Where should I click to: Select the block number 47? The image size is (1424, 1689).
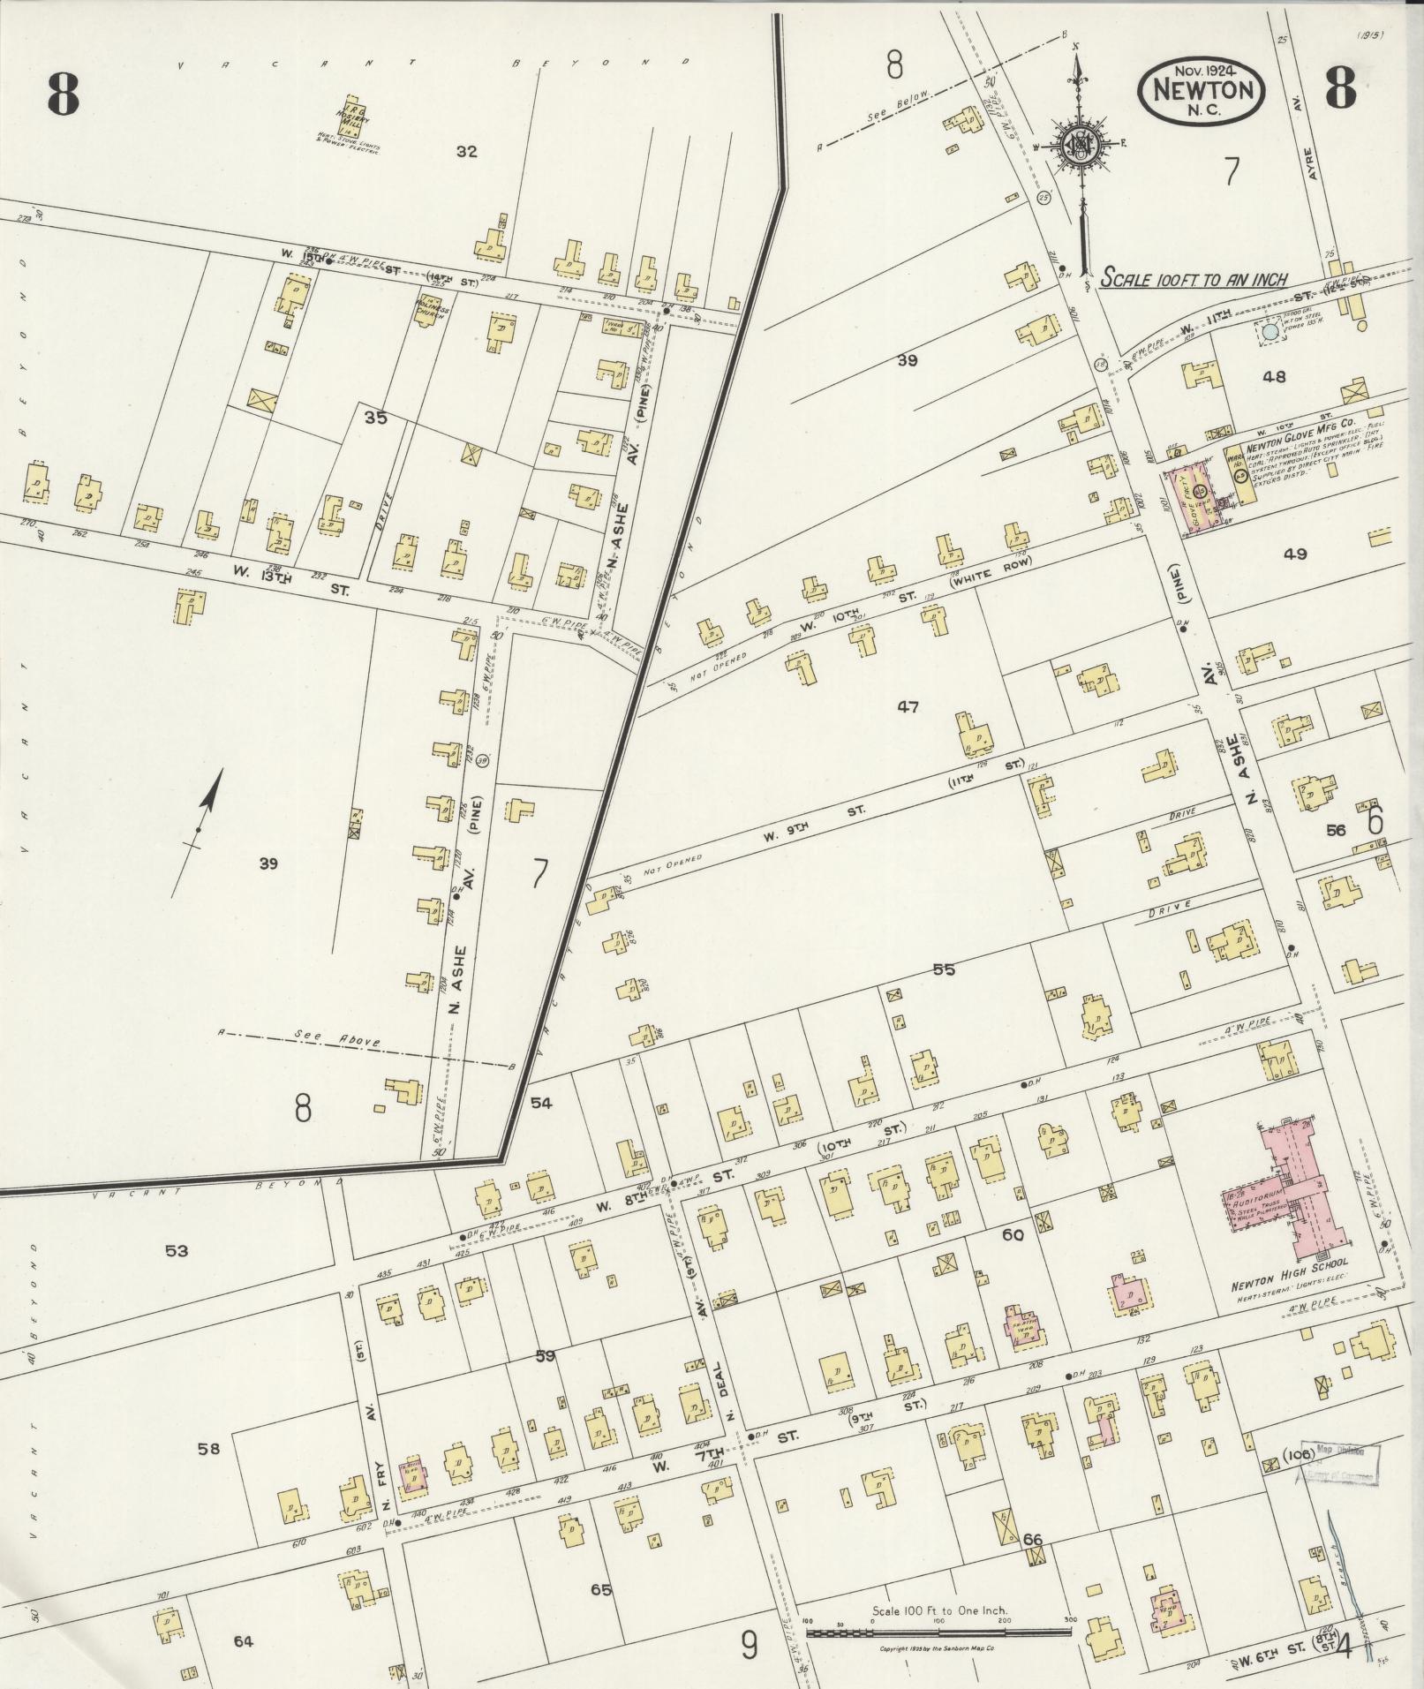[908, 706]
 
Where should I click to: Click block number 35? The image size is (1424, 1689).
[376, 418]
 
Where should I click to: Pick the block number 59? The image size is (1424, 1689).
[545, 1354]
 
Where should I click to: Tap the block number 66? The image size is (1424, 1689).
[1033, 1540]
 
